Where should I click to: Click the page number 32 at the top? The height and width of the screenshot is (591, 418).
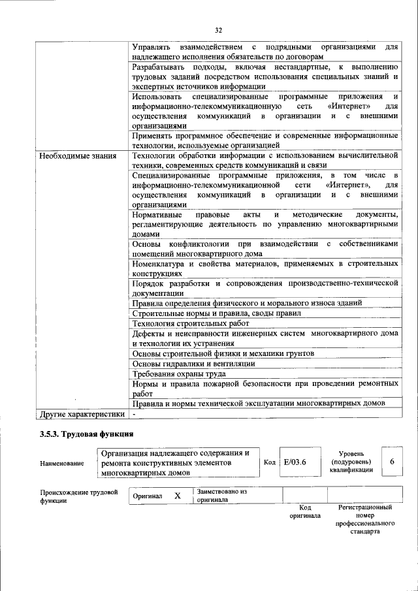[x=219, y=29]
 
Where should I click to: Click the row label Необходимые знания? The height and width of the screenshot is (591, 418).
[x=78, y=156]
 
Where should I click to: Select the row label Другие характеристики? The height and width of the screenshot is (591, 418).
[x=81, y=414]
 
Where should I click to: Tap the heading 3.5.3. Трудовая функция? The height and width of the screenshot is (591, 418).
[x=87, y=434]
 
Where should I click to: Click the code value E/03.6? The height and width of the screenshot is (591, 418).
[x=295, y=462]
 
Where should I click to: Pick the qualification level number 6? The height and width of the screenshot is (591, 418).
[x=392, y=462]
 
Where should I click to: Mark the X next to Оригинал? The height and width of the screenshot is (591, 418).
[x=177, y=496]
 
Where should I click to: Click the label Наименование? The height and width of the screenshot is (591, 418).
[x=62, y=463]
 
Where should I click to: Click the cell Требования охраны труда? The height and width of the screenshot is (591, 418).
[x=179, y=374]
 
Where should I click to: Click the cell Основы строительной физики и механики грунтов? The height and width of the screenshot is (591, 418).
[x=223, y=353]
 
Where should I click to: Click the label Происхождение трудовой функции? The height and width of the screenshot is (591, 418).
[x=78, y=496]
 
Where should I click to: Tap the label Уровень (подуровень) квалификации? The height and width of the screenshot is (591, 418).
[x=351, y=461]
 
